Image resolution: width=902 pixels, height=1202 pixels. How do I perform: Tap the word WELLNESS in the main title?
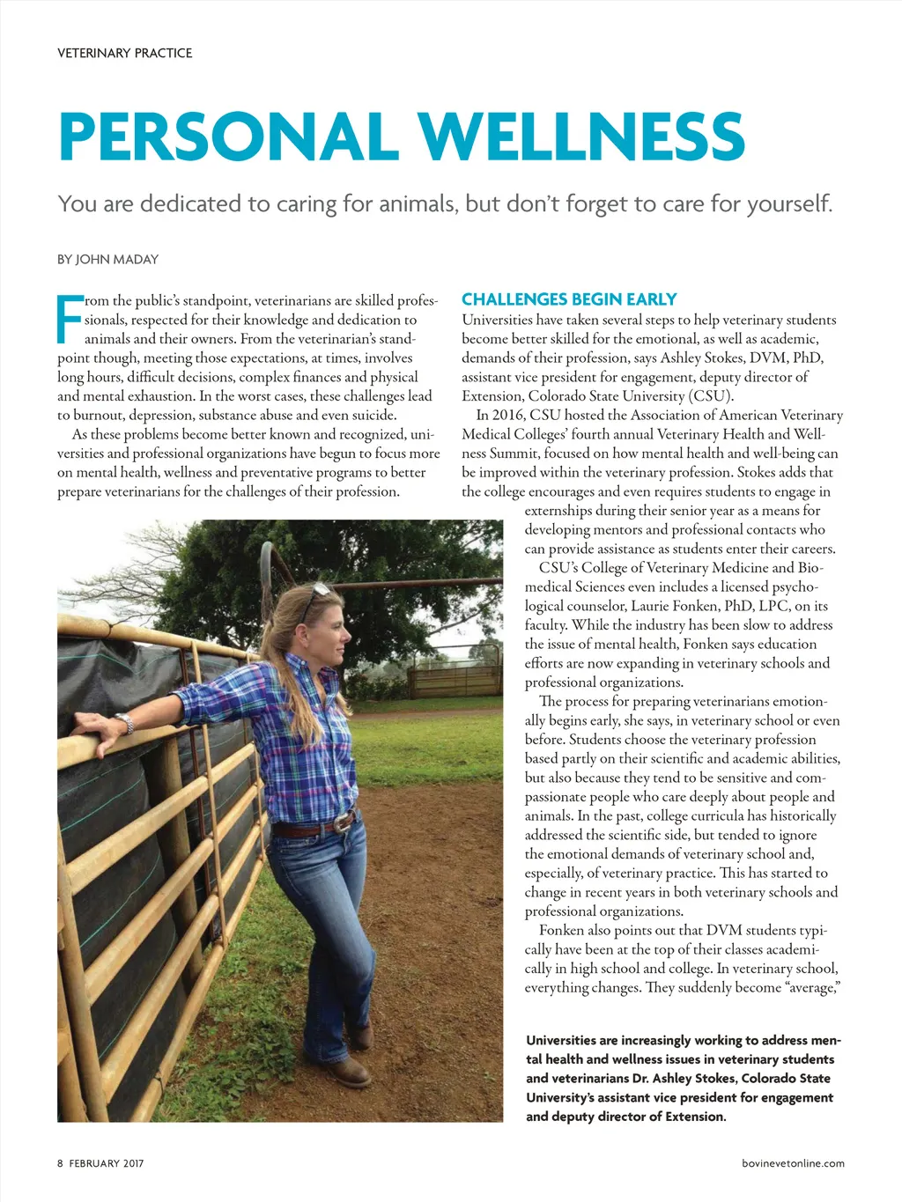581,136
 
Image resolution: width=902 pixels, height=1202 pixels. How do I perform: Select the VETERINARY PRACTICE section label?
124,53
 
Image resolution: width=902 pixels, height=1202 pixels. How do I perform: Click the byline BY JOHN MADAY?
107,259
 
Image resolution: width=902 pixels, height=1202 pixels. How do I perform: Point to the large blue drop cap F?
70,319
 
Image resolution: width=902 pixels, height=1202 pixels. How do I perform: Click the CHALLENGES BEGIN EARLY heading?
569,299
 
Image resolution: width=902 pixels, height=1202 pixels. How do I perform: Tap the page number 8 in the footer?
61,1163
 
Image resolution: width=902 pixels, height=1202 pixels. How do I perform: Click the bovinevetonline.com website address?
793,1163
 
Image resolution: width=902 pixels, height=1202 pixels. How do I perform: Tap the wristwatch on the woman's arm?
125,723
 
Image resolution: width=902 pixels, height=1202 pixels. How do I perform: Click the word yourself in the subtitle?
788,204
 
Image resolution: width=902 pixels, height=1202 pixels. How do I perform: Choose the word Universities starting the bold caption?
568,1040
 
